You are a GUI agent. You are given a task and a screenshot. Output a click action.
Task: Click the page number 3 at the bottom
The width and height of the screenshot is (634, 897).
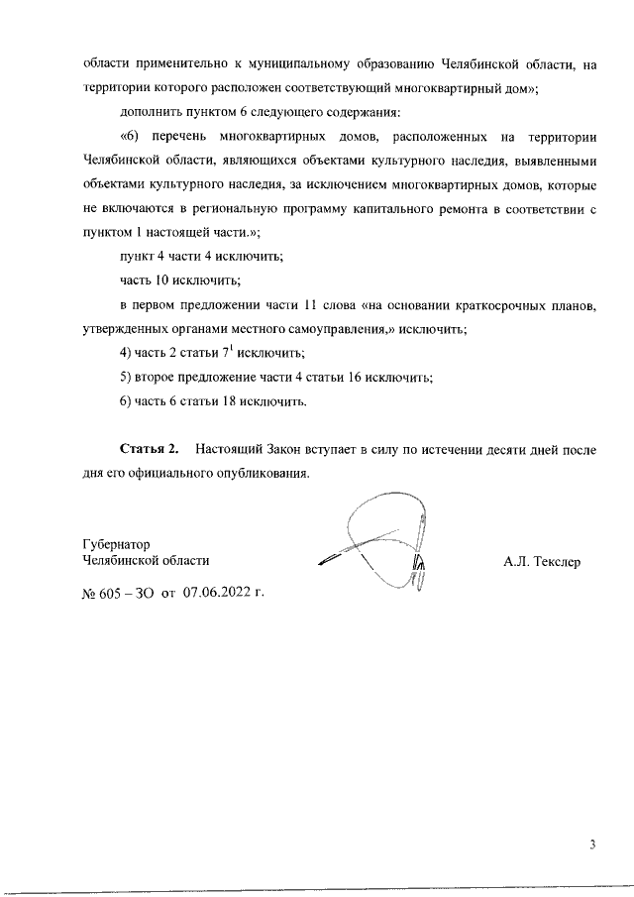click(x=591, y=844)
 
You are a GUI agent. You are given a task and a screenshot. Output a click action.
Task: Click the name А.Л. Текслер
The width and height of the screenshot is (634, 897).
click(x=542, y=562)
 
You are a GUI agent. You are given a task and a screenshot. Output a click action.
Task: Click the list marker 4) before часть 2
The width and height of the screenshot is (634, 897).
click(x=126, y=353)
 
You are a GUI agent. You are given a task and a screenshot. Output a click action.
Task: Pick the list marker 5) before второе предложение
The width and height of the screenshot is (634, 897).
click(x=126, y=377)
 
